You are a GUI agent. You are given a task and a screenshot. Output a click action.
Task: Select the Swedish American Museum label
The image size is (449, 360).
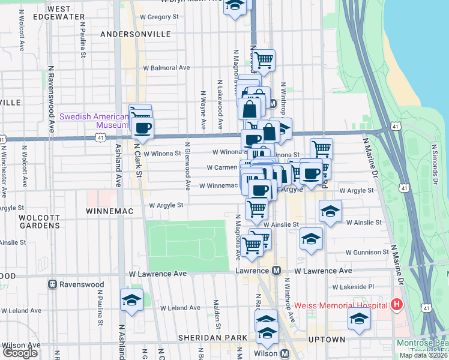pyautogui.click(x=94, y=121)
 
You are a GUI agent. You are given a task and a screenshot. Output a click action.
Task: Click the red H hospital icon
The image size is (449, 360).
pyautogui.click(x=396, y=305)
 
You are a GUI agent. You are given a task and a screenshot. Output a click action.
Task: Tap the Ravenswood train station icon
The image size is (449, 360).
pyautogui.click(x=53, y=284)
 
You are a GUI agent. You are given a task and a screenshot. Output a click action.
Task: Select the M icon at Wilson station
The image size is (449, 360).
pyautogui.click(x=285, y=354)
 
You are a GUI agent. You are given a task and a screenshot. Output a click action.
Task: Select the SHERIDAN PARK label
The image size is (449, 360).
pyautogui.click(x=212, y=338)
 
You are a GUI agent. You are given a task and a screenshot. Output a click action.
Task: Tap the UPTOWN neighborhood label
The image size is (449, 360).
pyautogui.click(x=327, y=340)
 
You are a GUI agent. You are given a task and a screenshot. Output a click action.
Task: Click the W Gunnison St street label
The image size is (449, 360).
pyautogui.click(x=362, y=253)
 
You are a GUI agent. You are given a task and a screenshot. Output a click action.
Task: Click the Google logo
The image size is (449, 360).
pyautogui.click(x=19, y=353)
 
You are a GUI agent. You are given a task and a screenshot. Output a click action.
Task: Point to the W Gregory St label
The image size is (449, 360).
pyautogui.click(x=160, y=17)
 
